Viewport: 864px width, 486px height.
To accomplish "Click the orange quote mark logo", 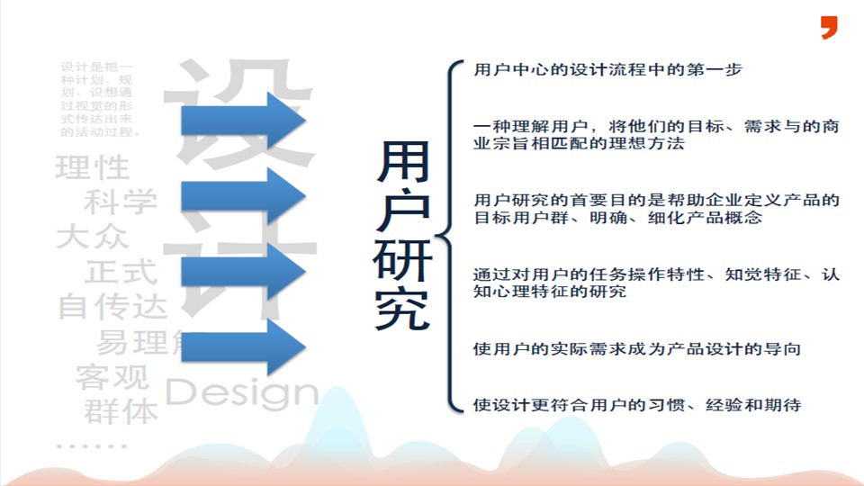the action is pos(829,27).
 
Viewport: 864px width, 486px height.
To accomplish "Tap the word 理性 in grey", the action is pos(92,167).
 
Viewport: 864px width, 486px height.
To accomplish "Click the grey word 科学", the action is pos(121,202).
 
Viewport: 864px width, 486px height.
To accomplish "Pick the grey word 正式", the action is pos(121,271).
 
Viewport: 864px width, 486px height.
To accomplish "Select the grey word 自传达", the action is pos(112,306).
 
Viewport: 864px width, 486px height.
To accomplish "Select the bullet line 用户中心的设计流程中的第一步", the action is pos(607,69).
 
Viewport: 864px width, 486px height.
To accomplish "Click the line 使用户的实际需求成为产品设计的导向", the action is pos(636,348).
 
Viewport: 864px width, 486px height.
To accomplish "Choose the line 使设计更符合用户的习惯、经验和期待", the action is pos(636,405).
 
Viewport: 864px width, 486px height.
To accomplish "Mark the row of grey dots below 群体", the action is pos(91,445).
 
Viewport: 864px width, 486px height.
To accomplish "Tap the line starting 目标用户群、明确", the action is pos(617,219).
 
